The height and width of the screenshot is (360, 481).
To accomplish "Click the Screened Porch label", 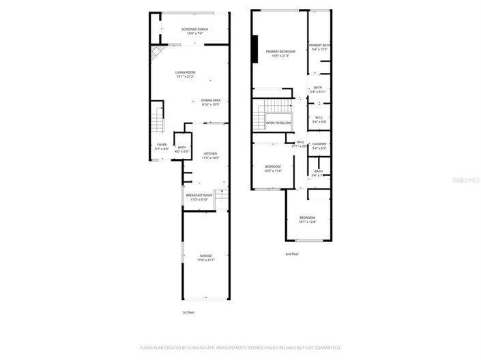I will [194, 29].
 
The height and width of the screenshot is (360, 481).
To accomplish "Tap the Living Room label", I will [185, 72].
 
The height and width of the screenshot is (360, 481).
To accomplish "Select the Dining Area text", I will [210, 101].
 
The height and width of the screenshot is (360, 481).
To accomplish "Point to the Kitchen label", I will [210, 153].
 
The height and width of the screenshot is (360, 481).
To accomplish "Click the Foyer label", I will [162, 145].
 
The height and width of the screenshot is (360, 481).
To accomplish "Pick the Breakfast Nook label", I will [199, 196].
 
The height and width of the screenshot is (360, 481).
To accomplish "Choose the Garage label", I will [205, 256].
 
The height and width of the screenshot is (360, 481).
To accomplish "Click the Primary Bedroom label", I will [280, 52].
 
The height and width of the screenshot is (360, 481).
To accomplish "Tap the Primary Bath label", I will [319, 46].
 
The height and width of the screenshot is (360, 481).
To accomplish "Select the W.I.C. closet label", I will [319, 117].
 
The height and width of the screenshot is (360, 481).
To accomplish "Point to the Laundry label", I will [319, 144].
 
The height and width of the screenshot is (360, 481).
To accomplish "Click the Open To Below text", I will [278, 123].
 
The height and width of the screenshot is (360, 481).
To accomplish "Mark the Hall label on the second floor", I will [300, 142].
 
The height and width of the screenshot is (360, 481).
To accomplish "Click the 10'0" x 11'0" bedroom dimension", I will [273, 170].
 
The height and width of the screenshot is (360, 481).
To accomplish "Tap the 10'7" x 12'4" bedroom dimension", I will [307, 221].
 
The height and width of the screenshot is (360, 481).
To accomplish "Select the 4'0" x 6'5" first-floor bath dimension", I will [181, 151].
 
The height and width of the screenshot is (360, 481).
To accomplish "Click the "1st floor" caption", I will [189, 312].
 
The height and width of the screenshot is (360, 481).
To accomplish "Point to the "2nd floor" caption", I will [292, 254].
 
